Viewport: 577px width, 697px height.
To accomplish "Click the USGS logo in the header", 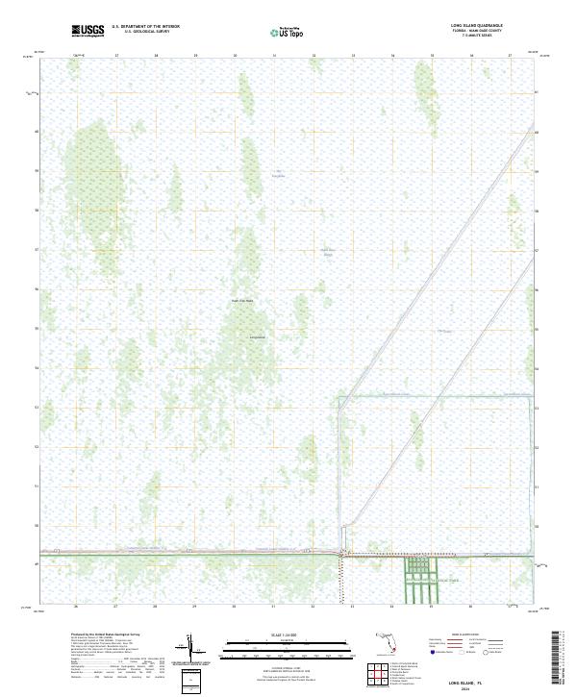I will [88, 31].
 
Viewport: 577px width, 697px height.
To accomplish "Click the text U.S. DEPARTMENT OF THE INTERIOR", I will [145, 28].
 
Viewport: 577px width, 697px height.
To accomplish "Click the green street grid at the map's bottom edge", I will [418, 580].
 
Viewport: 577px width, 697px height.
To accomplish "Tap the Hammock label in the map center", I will [257, 337].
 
